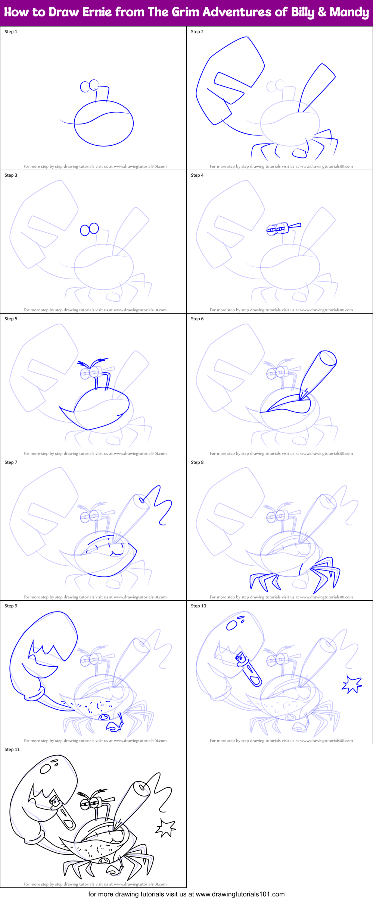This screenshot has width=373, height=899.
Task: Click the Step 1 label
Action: coord(11,32)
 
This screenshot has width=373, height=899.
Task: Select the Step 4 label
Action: coord(197,175)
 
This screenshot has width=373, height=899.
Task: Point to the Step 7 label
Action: coord(11,462)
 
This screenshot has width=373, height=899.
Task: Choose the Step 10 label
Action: coord(198,606)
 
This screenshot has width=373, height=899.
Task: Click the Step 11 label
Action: coord(12,749)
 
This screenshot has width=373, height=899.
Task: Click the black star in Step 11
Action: coord(165,827)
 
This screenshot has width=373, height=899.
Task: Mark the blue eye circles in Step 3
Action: coord(90,229)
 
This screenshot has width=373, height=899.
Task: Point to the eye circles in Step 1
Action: coord(90,86)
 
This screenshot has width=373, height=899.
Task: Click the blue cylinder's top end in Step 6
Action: coord(329,358)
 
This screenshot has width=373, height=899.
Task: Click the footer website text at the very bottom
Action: coord(186,894)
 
